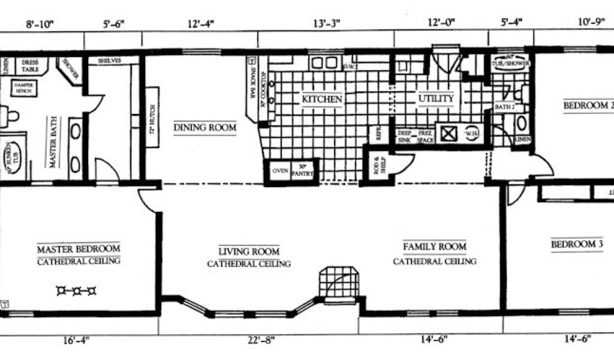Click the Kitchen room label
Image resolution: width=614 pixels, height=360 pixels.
pyautogui.click(x=322, y=99)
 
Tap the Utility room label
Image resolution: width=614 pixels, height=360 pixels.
pyautogui.click(x=436, y=98)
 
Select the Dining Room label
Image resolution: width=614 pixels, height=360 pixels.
pyautogui.click(x=204, y=127)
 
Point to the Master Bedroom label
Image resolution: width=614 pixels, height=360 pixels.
pyautogui.click(x=78, y=248)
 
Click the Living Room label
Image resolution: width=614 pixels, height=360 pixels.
pyautogui.click(x=249, y=252)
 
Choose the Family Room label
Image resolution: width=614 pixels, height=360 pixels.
pyautogui.click(x=434, y=247)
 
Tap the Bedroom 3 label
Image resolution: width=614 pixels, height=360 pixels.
pyautogui.click(x=577, y=244)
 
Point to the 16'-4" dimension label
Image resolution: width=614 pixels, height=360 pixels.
pyautogui.click(x=76, y=340)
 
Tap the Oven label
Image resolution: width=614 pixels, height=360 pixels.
pyautogui.click(x=279, y=170)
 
